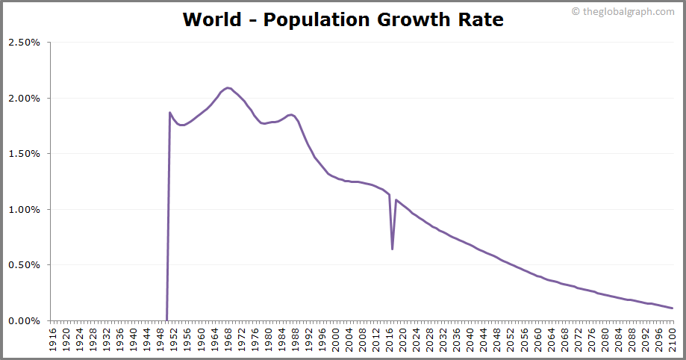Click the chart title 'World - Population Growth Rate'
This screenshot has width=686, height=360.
coord(343,19)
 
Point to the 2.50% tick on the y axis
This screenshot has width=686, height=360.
coord(24,43)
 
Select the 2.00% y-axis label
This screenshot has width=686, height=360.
coord(24,99)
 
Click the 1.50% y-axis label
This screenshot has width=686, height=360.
coord(24,154)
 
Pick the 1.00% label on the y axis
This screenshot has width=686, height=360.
coord(24,210)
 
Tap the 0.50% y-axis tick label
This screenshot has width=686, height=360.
coord(24,265)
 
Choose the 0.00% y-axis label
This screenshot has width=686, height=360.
coord(24,321)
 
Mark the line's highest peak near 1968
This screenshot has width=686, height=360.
coord(228,87)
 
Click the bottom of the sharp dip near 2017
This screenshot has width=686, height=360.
coord(393,249)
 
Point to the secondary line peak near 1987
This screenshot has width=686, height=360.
coord(291,114)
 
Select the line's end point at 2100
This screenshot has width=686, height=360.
coord(673,308)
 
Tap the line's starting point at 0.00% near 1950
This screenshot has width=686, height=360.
coord(166,320)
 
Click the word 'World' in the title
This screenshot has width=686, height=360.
coord(212,19)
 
